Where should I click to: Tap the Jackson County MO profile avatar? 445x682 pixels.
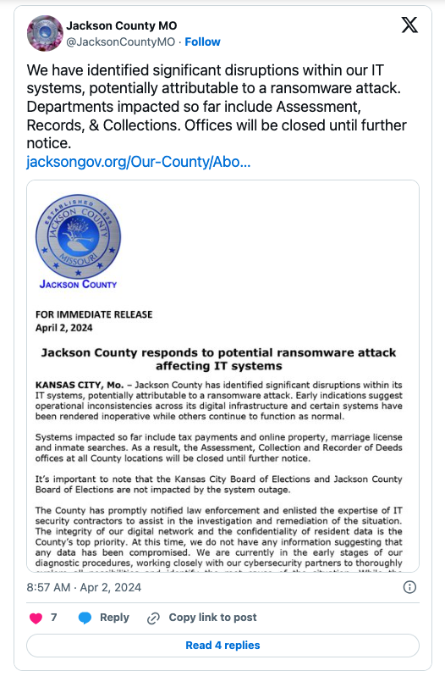coord(43,33)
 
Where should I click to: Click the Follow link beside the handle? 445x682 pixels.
coord(203,42)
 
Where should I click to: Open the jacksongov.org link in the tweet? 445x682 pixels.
coord(138,161)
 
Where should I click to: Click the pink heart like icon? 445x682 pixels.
coord(36,618)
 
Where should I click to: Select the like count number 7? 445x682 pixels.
coord(54,618)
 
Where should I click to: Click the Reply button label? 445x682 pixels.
coord(114,618)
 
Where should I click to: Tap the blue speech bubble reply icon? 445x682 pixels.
coord(85,618)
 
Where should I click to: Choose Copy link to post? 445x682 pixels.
coord(212,618)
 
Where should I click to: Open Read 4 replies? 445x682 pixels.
coord(222,646)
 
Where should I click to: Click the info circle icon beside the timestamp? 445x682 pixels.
coord(409,587)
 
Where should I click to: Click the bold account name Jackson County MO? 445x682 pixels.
coord(113,26)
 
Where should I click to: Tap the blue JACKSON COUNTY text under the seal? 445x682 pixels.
coord(79,284)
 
